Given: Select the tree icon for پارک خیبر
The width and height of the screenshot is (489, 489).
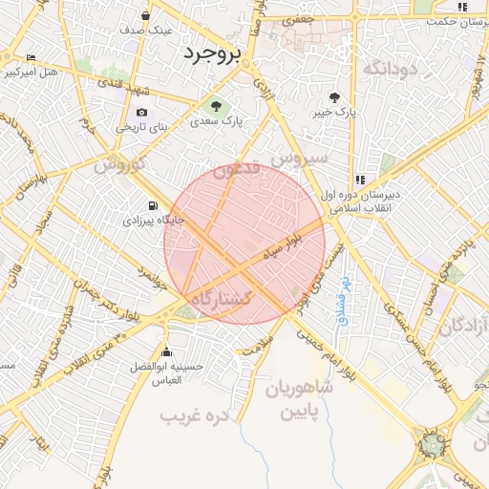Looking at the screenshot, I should point(334,97).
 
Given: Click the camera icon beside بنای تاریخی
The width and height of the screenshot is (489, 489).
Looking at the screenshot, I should point(142,112).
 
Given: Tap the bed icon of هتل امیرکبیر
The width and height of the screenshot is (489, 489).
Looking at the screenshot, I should point(32,58).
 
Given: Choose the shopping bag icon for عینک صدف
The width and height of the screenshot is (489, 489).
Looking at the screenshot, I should point(145,16).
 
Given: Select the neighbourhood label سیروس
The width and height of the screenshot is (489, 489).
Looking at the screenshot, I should point(298,157).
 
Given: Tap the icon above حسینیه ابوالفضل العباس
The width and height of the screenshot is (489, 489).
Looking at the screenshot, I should point(167,351).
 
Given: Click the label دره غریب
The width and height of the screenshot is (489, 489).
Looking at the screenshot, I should point(198,415).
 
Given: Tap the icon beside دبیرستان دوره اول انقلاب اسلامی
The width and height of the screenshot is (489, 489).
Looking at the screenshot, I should point(360,179).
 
